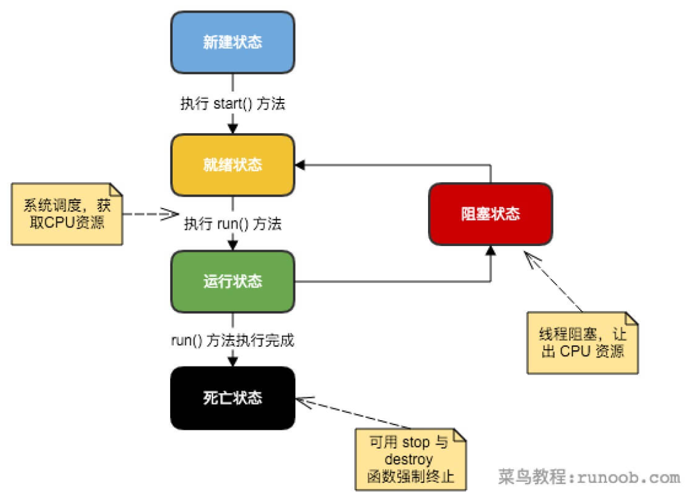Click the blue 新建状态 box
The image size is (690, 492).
coord(232,43)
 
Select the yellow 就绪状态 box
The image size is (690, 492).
coord(232,165)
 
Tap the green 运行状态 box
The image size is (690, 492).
coord(232,282)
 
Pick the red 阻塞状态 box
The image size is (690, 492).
coord(490,214)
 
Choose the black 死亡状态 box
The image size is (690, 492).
coord(232,398)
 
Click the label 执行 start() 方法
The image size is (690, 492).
coord(232,104)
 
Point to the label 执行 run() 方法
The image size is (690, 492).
coord(232,224)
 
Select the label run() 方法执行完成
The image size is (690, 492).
coord(232,340)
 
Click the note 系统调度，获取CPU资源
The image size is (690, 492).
coord(67,213)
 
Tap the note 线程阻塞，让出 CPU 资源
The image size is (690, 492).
coord(582,342)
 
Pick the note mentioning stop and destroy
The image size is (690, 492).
coord(410,459)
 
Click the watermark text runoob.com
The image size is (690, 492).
coord(628,478)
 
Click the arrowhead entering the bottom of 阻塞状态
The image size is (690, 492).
coord(491,250)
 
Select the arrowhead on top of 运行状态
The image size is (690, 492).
coord(232,245)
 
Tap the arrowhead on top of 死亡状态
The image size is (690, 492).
coord(232,361)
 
